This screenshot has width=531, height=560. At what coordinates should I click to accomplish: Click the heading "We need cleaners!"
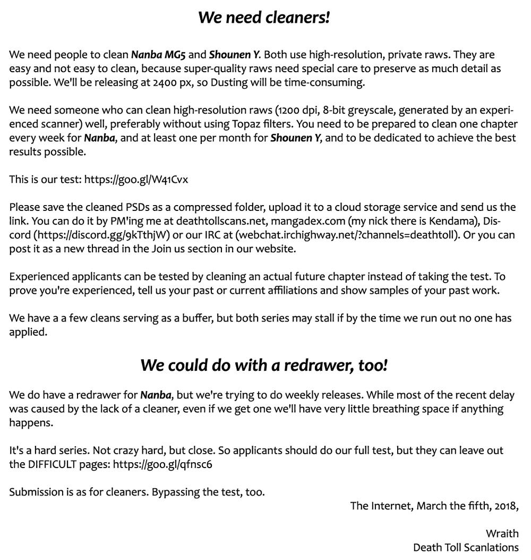pyautogui.click(x=264, y=18)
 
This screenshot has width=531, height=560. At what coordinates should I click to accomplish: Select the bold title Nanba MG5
pyautogui.click(x=158, y=55)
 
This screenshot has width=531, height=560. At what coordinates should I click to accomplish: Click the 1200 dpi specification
pyautogui.click(x=297, y=111)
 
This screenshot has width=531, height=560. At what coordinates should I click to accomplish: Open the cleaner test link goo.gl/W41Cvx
pyautogui.click(x=136, y=180)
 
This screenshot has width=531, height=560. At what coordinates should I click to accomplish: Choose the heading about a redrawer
pyautogui.click(x=264, y=366)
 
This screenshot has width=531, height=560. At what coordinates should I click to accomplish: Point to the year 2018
pyautogui.click(x=506, y=506)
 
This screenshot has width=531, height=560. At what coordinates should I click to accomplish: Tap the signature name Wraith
pyautogui.click(x=502, y=533)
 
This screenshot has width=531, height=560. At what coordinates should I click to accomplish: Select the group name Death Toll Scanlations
pyautogui.click(x=466, y=547)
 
